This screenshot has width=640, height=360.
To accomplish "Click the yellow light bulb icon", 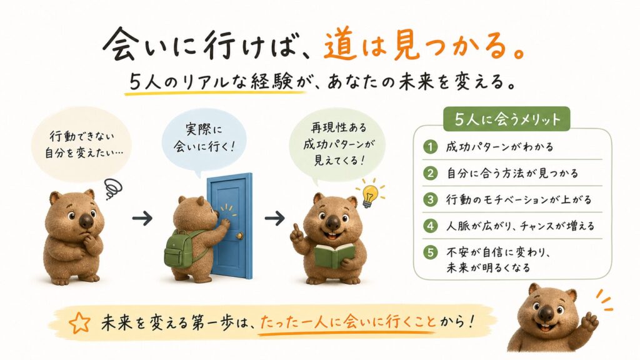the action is pos(370,195).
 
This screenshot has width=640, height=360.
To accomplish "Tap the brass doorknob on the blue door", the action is pos(239,235).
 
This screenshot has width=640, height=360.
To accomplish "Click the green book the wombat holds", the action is pos(334,255).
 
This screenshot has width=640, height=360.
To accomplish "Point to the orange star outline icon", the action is pos(79,323).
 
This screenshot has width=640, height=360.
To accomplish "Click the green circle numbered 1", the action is pos(430,147).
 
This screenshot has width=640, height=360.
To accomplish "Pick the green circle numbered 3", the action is pos(430,199).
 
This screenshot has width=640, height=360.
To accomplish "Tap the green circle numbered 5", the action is pos(430,252).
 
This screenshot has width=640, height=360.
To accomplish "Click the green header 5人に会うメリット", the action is pos(506,119).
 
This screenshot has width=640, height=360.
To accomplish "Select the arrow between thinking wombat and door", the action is pos(142,218).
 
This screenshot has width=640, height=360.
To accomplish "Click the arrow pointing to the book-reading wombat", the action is pos(275,218).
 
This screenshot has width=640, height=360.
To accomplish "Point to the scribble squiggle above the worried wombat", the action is pos(113,189).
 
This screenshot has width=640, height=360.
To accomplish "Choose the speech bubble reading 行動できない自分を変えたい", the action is pos(82,147).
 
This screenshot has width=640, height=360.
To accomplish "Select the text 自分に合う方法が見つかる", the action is pos(512,173).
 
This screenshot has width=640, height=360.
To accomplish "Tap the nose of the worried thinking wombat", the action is pos(86,221).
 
